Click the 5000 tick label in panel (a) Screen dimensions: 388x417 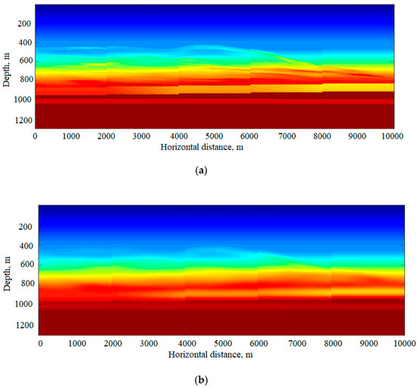click(215, 136)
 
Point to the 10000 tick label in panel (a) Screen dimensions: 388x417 click(393, 136)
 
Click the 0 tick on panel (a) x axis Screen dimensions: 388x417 click(35, 136)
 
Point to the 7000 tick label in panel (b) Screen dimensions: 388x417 click(291, 343)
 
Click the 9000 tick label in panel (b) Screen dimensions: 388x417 click(362, 343)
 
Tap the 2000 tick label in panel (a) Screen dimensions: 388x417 click(107, 136)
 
